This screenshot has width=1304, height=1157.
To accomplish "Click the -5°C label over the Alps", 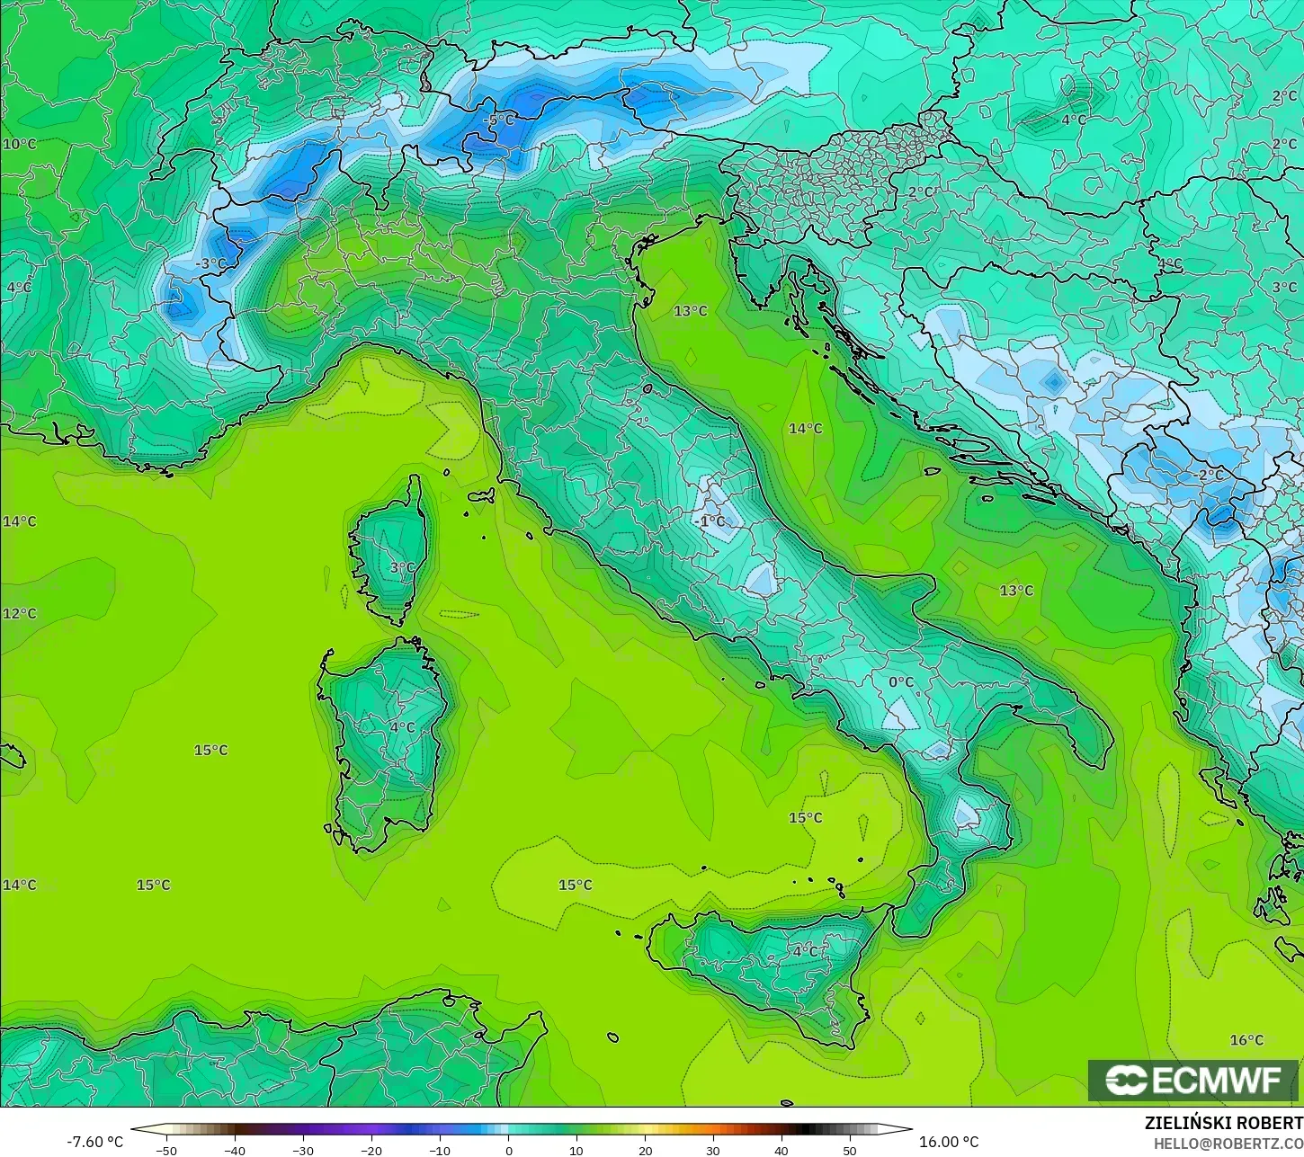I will point(498,120).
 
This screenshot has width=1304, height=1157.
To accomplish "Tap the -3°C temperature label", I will point(211,263).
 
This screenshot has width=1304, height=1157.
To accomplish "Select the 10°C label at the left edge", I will point(19,144).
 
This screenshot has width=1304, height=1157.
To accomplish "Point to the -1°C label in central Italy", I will point(710,521).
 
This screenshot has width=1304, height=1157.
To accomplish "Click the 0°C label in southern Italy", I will point(901,682).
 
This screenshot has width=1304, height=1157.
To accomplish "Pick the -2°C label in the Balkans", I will point(1209,474).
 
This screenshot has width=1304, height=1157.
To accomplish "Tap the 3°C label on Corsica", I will point(403,567).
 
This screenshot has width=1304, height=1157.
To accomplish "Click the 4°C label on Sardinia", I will point(403,727).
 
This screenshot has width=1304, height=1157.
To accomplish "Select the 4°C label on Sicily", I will point(805,950).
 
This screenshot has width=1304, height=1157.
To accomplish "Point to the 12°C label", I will point(19,613).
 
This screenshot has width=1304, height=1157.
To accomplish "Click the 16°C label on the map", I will point(1246,1040).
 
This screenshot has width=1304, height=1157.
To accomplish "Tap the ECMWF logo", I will point(1193,1080).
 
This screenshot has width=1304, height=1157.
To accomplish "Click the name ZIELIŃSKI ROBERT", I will point(1223,1124).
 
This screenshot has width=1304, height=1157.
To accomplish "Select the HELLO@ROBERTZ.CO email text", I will point(1228,1144).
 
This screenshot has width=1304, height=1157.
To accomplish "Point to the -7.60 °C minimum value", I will point(95,1142).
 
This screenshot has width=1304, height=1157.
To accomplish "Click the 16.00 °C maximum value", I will point(949,1142).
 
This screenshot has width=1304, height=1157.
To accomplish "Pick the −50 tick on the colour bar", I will point(165,1150).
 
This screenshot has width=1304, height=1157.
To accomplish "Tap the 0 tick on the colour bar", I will point(508,1150).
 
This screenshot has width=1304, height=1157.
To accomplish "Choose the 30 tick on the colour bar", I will point(713,1150).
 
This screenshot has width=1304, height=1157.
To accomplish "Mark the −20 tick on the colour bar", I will point(371,1150).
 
